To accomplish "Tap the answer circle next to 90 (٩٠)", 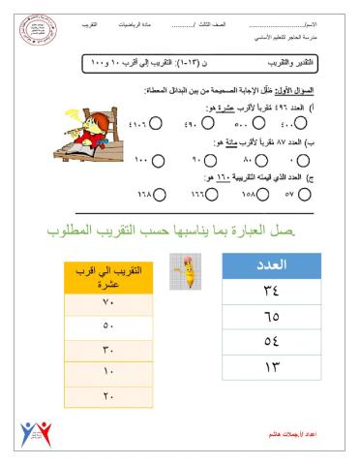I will [x=208, y=158].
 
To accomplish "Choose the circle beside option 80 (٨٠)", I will [x=258, y=158].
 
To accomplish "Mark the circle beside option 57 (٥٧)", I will [x=304, y=194].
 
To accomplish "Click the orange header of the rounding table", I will [x=109, y=279].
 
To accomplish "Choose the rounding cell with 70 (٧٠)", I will [x=109, y=304].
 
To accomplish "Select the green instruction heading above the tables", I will [x=180, y=232].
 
